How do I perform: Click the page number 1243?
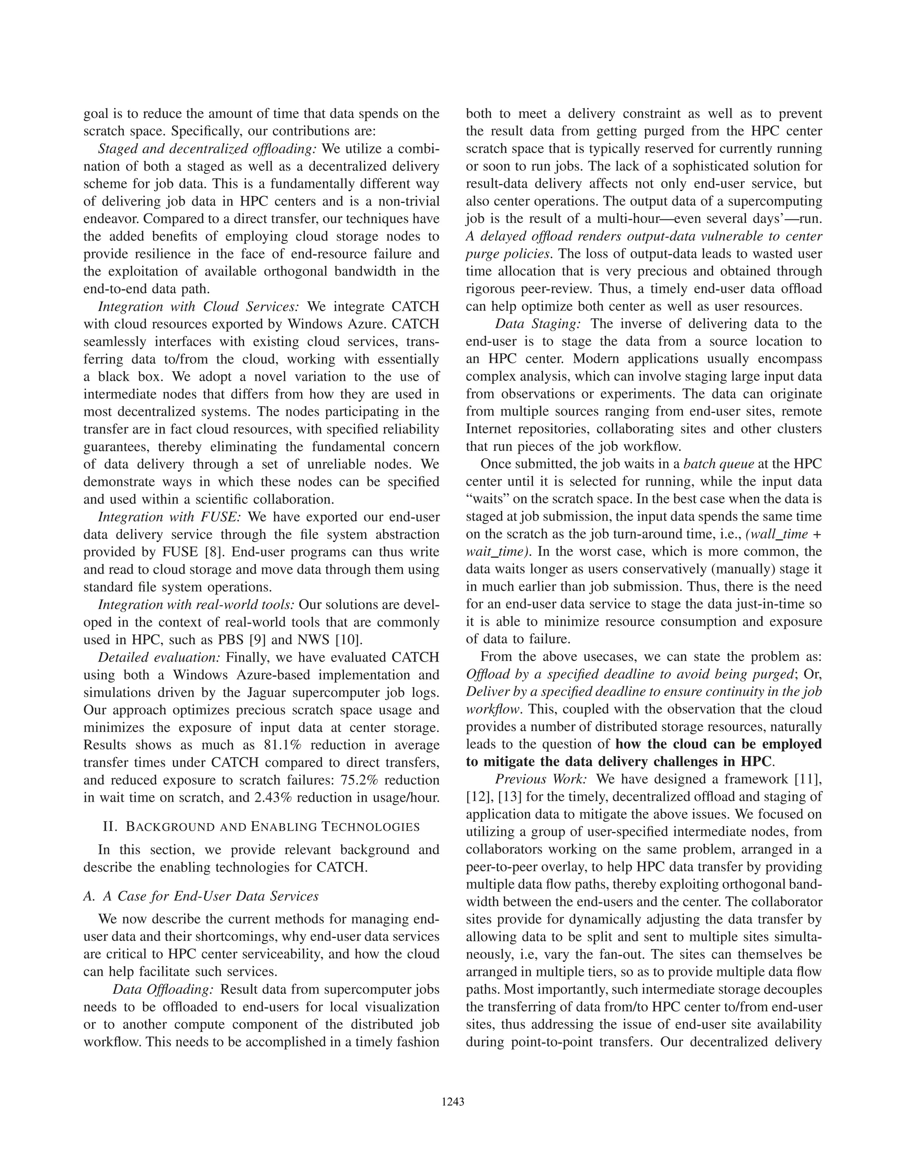pos(453,1102)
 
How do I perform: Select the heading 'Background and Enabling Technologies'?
pos(261,827)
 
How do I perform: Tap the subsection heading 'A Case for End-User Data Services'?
pos(201,896)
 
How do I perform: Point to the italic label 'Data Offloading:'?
pos(163,989)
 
